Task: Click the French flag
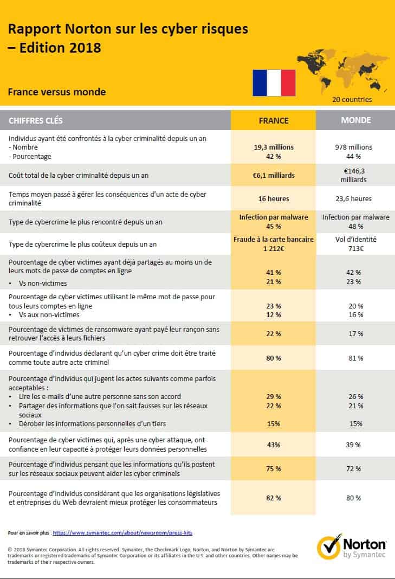pos(274,83)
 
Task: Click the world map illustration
pos(343,72)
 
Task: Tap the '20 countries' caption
pos(352,99)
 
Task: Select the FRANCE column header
pos(274,120)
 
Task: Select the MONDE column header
pos(356,120)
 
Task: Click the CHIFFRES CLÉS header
pos(36,120)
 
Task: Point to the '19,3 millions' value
pos(274,147)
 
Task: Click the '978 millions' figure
pos(354,147)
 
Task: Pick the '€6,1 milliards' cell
pos(274,176)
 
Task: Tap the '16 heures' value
pos(274,198)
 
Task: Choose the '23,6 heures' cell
pos(354,198)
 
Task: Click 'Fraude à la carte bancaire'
pos(274,239)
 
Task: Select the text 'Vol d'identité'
pos(356,239)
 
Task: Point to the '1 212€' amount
pos(274,248)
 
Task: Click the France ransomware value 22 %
pos(274,334)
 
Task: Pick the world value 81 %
pos(356,358)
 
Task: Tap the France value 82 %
pos(274,498)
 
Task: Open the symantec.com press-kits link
pos(122,533)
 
